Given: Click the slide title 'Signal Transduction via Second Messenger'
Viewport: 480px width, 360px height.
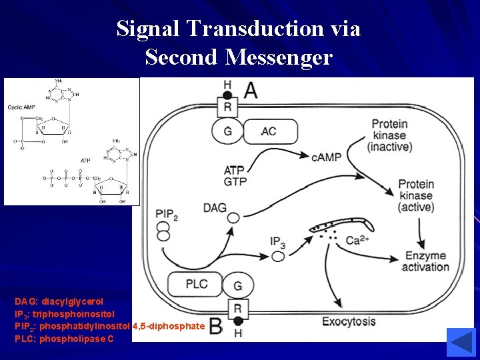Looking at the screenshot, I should (x=239, y=43).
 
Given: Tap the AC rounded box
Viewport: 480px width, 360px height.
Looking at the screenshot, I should (x=268, y=131).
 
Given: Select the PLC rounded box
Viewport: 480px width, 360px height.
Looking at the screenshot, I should (x=196, y=284).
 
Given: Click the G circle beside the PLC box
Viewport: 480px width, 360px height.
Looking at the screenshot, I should (x=237, y=286).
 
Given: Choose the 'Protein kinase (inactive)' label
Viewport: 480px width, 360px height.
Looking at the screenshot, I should (x=392, y=135).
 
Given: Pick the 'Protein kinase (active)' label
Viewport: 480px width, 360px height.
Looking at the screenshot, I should (x=416, y=195).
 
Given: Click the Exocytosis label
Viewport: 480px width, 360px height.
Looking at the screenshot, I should (x=349, y=322).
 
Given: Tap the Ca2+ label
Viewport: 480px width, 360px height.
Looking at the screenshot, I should (x=359, y=240).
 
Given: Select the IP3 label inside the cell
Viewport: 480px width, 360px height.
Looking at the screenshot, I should (x=278, y=241).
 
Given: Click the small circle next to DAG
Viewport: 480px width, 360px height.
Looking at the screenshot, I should (x=233, y=218).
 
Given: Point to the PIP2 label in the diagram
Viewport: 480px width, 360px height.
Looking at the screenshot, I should (x=167, y=214).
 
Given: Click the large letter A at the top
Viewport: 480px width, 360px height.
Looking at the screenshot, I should (x=250, y=91).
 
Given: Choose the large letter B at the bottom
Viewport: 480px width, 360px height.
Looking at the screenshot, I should (x=215, y=326).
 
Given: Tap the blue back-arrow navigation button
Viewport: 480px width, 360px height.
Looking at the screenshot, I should (x=460, y=342).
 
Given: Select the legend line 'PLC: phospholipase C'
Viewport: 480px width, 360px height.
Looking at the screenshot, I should (x=64, y=339).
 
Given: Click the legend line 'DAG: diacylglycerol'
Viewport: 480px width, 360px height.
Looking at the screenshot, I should (x=59, y=301).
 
